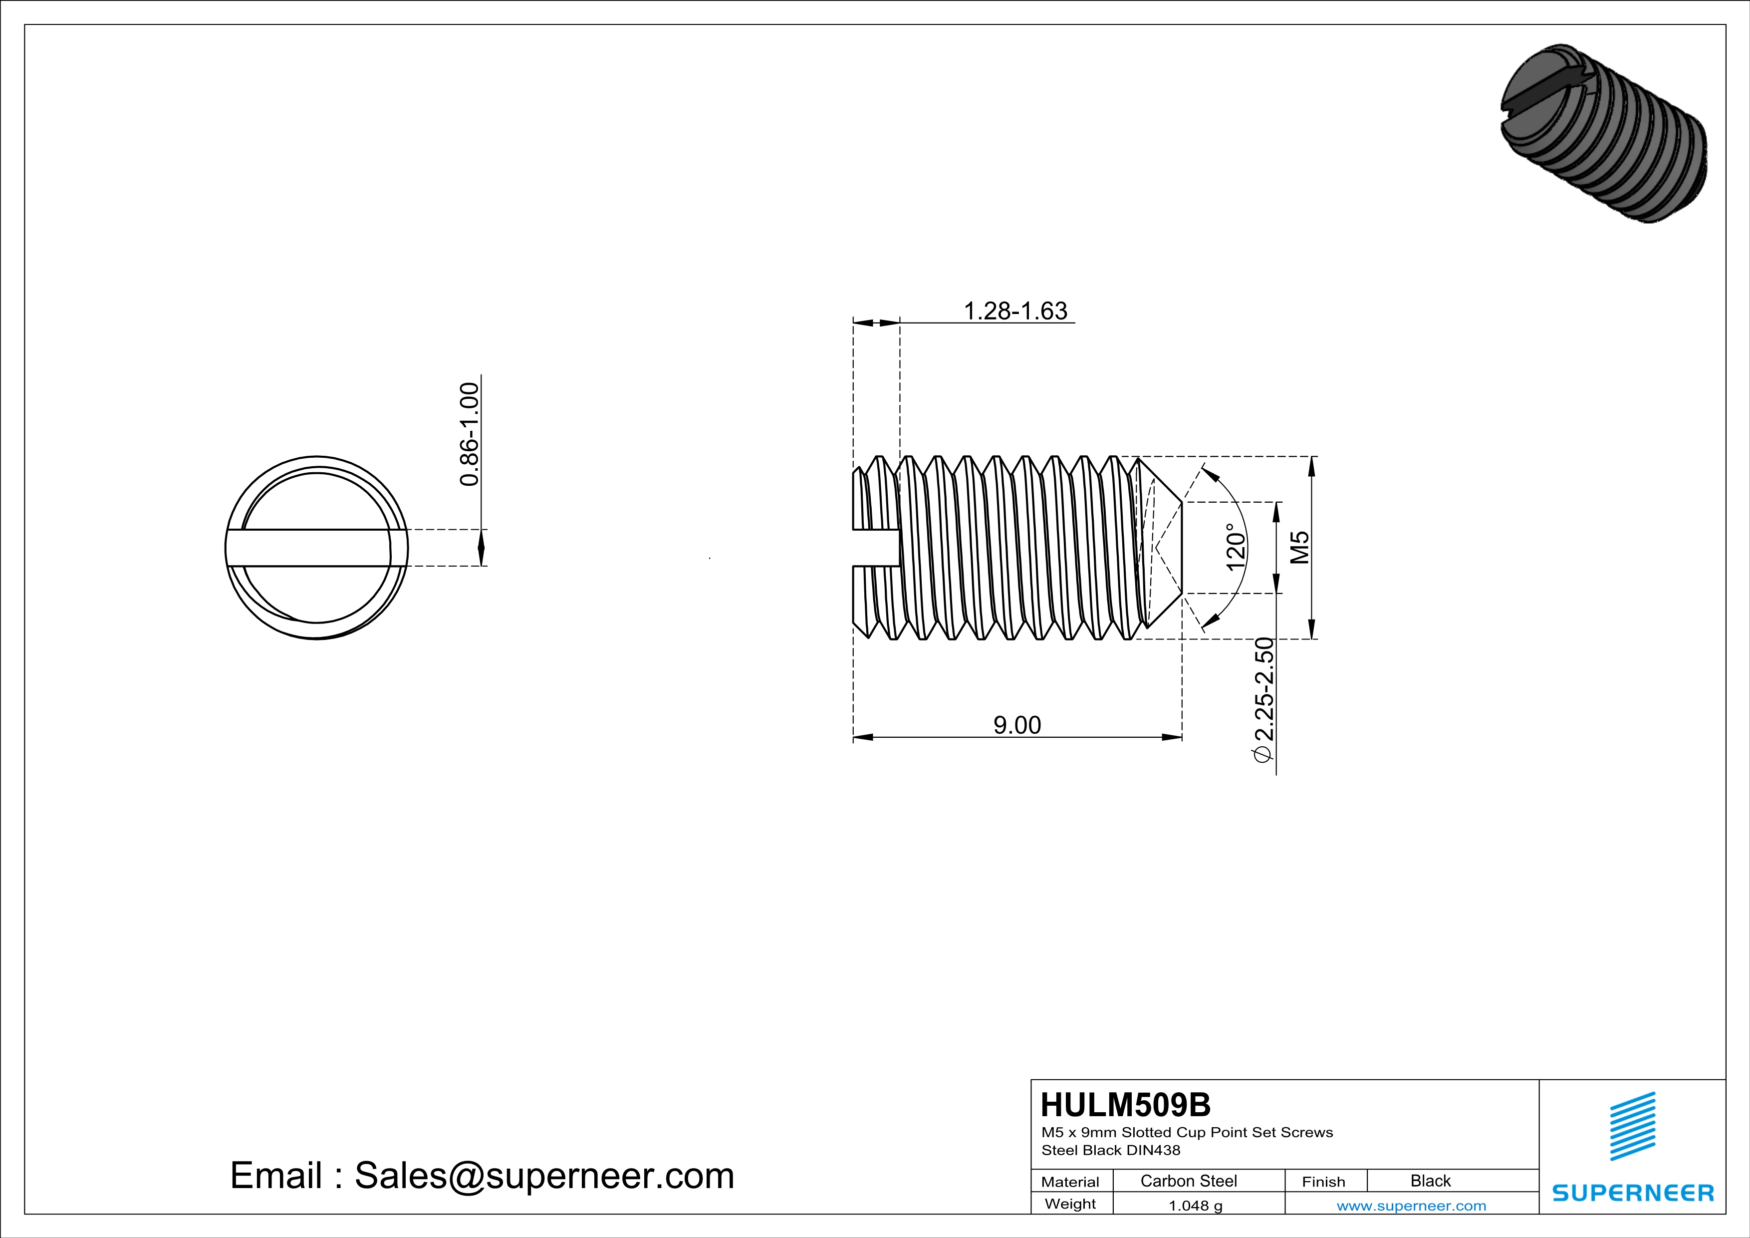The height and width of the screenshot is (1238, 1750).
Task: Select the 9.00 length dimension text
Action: pos(1017,725)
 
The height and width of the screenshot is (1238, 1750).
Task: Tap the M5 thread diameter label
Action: pos(1300,547)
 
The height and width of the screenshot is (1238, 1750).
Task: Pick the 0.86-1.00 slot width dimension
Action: pos(470,434)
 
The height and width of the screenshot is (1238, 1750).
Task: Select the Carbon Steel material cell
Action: pos(1188,1181)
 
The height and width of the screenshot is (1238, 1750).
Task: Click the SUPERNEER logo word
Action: pos(1633,1193)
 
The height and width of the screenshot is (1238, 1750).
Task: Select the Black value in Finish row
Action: pos(1430,1181)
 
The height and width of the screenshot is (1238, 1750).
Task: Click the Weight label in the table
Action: pos(1070,1204)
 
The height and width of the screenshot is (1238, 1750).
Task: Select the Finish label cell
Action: pos(1323,1182)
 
